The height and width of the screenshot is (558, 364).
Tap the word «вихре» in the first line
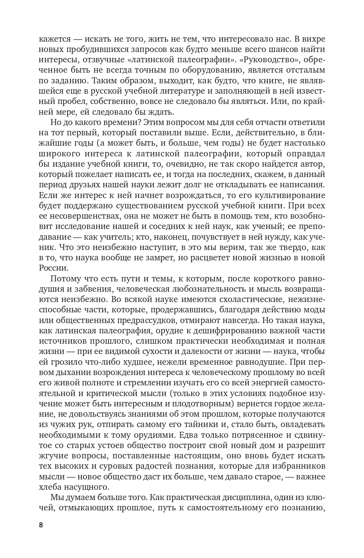tap(314, 39)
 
